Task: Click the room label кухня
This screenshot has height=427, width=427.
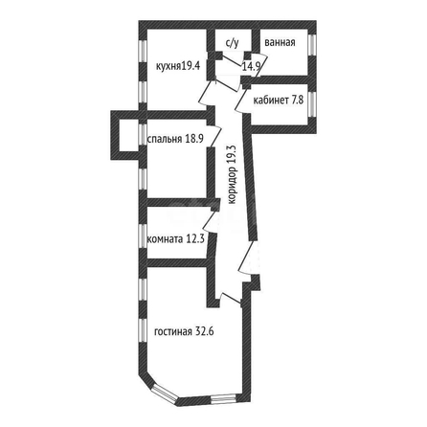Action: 169,66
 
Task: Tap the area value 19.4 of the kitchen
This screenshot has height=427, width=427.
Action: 191,66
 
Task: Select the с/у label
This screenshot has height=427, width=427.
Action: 232,43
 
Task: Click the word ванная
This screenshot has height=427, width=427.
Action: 280,42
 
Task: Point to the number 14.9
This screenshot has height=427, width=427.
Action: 252,66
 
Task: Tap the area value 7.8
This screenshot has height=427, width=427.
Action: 297,101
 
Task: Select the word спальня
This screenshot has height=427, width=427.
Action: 165,139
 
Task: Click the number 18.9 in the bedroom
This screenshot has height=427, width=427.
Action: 194,139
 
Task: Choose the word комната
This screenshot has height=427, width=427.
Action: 165,239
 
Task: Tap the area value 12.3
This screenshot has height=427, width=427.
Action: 195,238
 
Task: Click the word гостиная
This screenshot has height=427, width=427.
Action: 173,332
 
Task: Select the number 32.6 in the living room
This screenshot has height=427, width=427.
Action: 205,332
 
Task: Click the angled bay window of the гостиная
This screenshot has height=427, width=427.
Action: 164,393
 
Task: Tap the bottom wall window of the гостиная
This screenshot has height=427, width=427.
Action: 223,398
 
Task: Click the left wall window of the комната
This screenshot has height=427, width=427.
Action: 143,236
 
